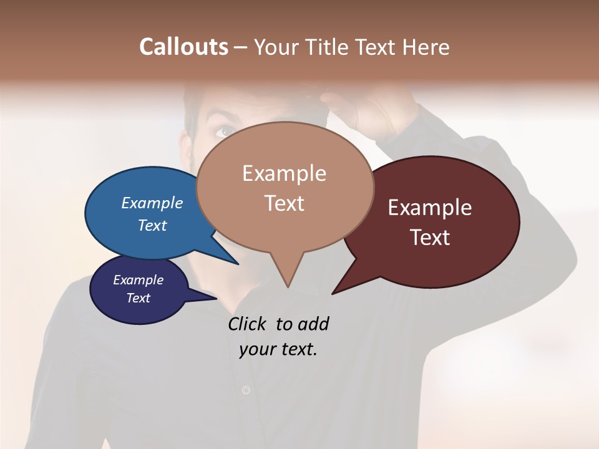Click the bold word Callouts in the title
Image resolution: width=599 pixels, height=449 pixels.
click(183, 47)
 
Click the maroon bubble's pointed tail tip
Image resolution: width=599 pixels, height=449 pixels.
click(333, 293)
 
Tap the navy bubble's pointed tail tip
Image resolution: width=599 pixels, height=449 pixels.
click(216, 299)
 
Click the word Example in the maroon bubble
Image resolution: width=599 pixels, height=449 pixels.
click(430, 208)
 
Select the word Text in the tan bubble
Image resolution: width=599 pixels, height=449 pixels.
click(285, 203)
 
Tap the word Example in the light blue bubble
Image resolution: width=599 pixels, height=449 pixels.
click(152, 203)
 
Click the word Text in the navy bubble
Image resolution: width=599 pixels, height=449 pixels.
click(139, 298)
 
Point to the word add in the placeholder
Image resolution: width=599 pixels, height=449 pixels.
click(313, 324)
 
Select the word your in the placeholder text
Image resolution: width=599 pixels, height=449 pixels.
click(257, 349)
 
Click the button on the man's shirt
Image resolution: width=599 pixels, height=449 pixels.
click(246, 390)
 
